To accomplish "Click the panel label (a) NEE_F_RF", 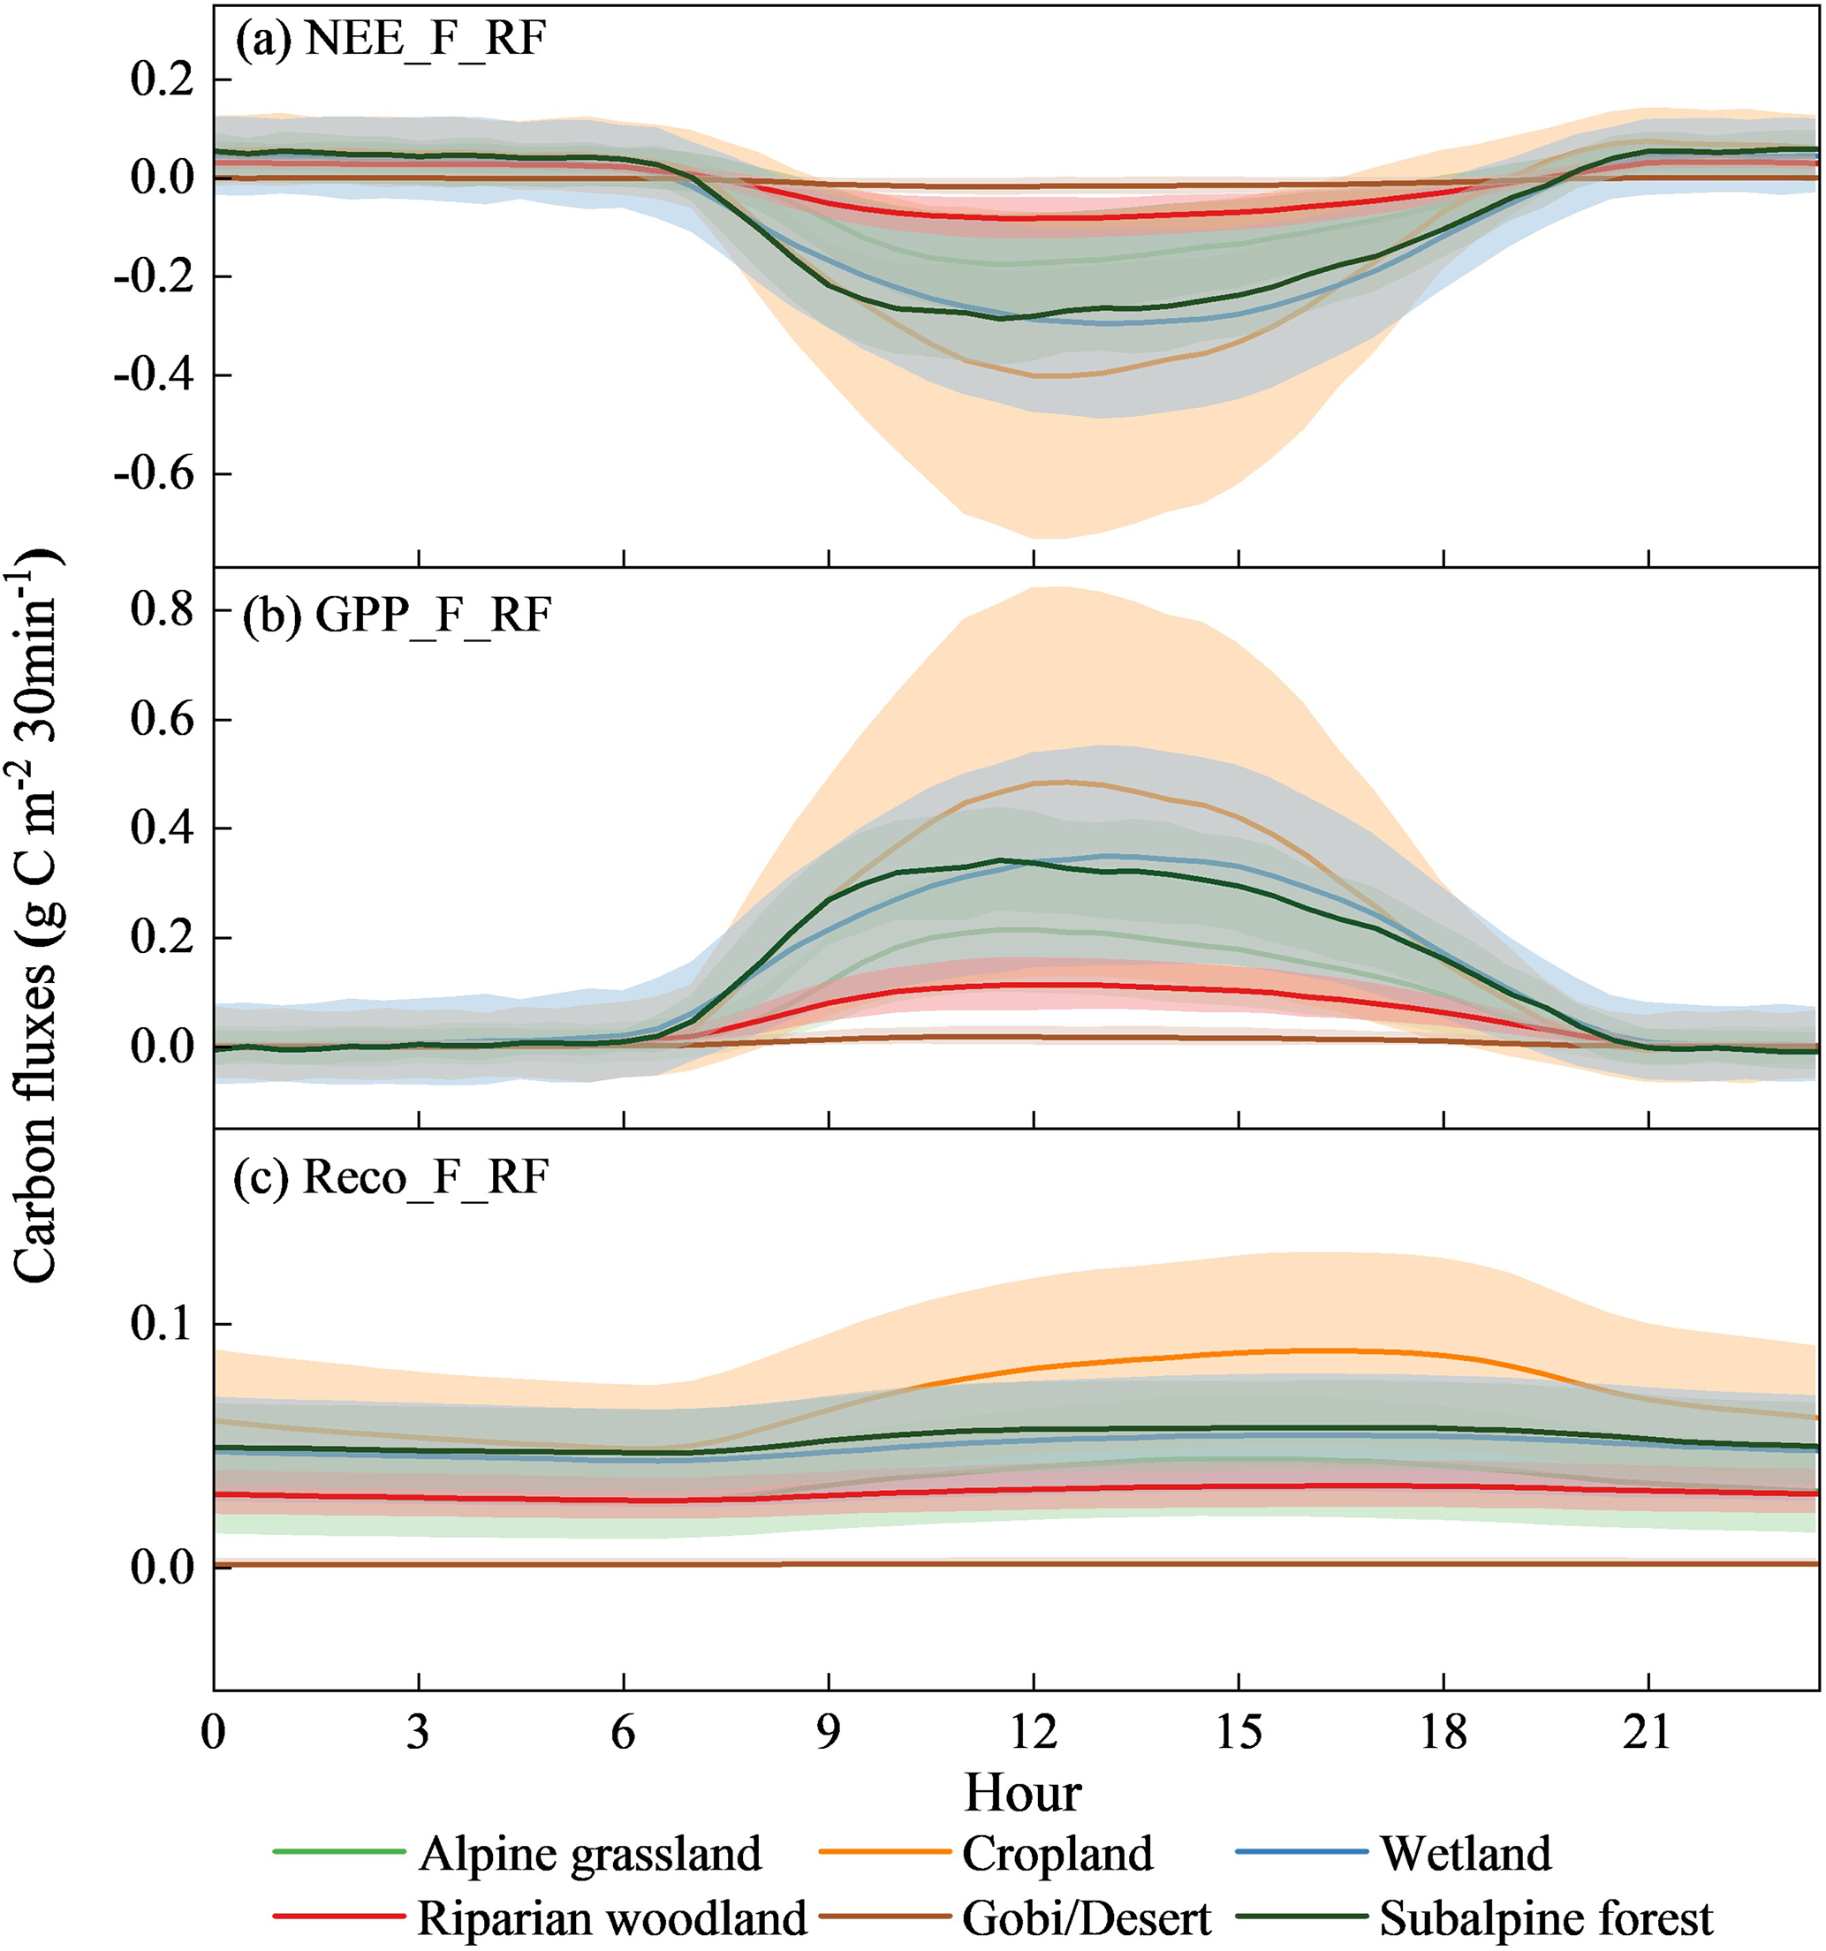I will (390, 42).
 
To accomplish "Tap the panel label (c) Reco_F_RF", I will (390, 1176).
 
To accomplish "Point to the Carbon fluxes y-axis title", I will (37, 912).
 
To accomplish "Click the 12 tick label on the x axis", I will (1034, 1733).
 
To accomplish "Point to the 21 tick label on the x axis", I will (1648, 1733).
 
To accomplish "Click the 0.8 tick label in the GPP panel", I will (162, 610).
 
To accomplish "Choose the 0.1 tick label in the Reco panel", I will (162, 1324).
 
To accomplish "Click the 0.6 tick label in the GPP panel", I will (162, 719).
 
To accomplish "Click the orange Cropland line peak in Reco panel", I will (1315, 1350).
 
